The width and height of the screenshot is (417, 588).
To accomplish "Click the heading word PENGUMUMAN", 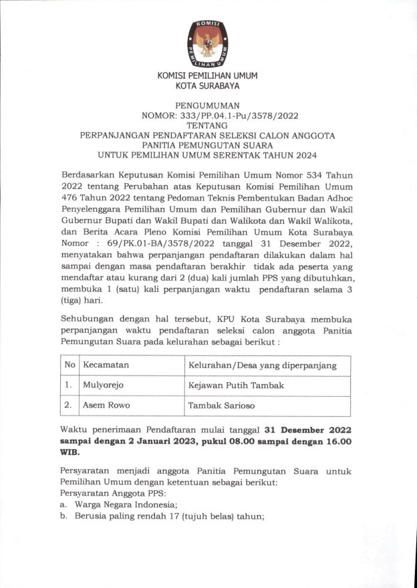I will [x=207, y=106].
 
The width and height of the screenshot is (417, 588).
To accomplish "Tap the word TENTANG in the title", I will [x=207, y=125].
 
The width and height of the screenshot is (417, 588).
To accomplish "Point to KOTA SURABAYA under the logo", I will [x=207, y=86].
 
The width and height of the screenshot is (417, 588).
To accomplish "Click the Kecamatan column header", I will [x=106, y=365].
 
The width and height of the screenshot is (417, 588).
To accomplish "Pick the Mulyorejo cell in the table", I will [x=103, y=385].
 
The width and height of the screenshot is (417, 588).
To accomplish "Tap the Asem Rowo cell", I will [x=106, y=405].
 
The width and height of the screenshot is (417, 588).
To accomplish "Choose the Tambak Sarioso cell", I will [x=221, y=405].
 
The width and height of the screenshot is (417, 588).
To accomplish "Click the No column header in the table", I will [x=69, y=365].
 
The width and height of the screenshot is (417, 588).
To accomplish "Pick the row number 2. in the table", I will [x=69, y=405].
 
